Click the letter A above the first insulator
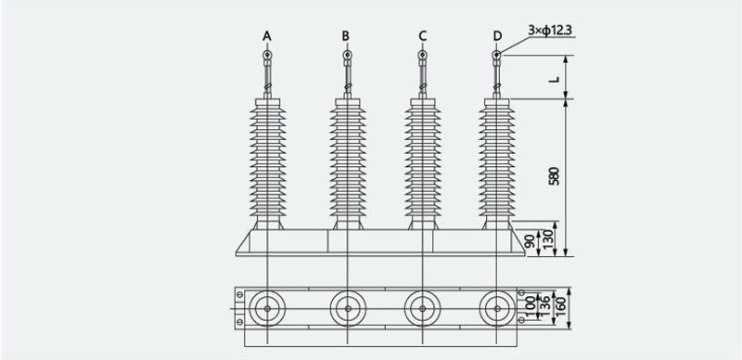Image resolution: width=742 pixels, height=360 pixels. [x=267, y=36]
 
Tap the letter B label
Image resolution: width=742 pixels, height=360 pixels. [x=346, y=36]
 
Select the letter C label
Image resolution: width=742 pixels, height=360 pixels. [x=423, y=36]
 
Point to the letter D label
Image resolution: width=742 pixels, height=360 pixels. [x=497, y=36]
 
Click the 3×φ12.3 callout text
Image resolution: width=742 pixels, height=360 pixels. [x=550, y=31]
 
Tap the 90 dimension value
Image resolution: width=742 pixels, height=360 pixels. [x=531, y=241]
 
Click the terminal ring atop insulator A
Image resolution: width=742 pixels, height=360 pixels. [x=267, y=55]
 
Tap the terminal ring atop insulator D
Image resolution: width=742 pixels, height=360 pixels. [x=496, y=55]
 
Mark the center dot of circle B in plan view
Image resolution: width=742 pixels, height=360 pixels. [x=348, y=308]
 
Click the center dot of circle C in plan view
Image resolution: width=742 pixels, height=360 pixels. [x=422, y=308]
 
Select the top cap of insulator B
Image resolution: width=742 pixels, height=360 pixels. [x=348, y=102]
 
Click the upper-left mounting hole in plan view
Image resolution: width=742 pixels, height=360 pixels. [x=240, y=295]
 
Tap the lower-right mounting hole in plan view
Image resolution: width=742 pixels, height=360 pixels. [x=521, y=320]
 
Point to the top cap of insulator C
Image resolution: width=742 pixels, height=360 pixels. [x=423, y=102]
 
